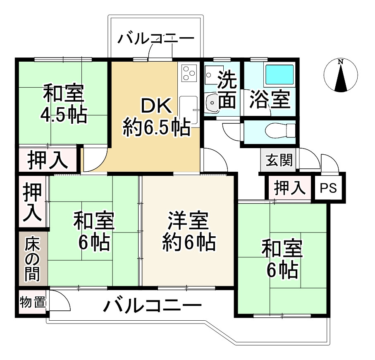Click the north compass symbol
[341, 75]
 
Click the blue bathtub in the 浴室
[279, 74]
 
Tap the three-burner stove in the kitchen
[189, 74]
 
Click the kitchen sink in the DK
[189, 107]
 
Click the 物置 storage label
[32, 302]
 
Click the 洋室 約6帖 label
[188, 232]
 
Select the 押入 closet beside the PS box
[290, 188]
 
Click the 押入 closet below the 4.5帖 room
[48, 159]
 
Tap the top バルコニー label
[155, 40]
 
